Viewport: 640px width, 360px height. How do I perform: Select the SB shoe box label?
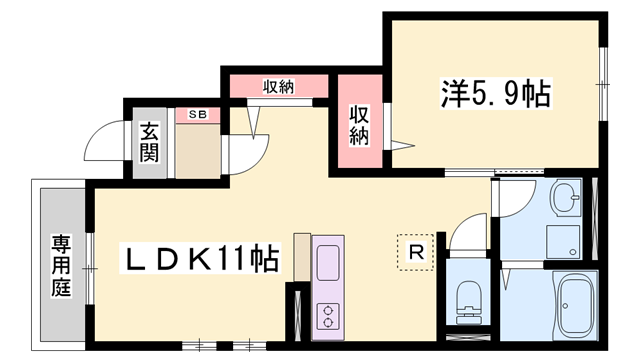tap(197, 115)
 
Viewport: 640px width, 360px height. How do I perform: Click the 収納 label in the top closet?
tap(279, 86)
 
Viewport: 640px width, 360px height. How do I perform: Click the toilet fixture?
tap(467, 297)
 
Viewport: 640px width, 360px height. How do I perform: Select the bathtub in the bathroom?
tap(578, 305)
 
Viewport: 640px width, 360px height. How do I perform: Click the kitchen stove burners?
tap(328, 316)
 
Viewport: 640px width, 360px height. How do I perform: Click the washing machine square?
tap(560, 240)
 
